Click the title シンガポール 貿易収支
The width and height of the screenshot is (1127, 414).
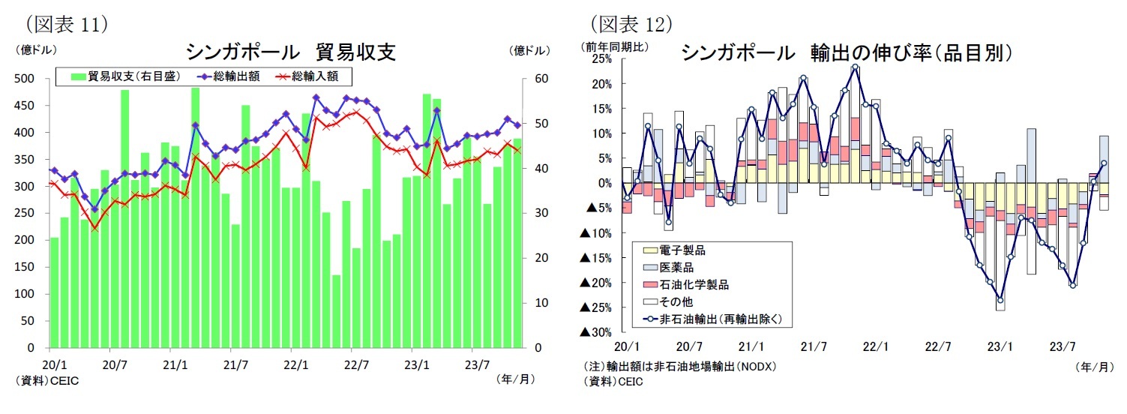[290, 52]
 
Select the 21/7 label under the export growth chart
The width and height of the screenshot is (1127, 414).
[814, 347]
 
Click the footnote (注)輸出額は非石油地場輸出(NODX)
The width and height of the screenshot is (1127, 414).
[679, 367]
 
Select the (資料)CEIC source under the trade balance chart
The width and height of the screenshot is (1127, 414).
[46, 381]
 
